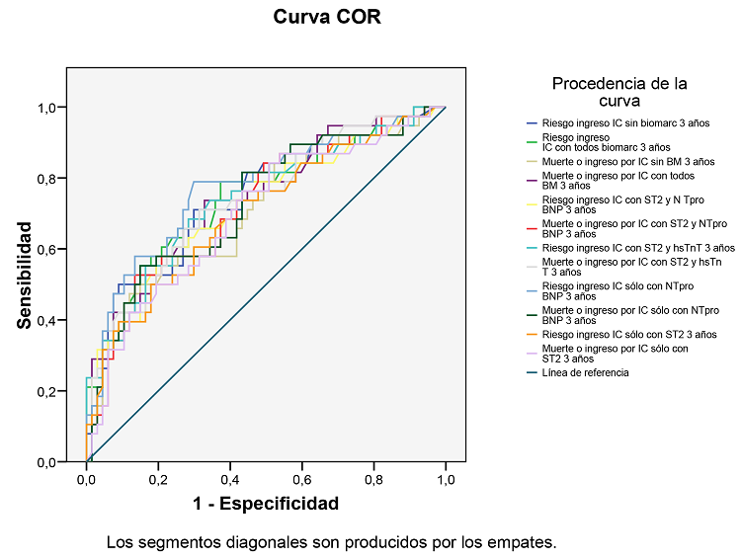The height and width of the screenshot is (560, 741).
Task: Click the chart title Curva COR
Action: point(326,18)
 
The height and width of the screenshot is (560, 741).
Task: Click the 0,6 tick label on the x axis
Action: point(302,480)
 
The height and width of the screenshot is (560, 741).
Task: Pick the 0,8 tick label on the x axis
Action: point(373,480)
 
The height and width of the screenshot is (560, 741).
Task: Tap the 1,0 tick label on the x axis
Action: point(446,480)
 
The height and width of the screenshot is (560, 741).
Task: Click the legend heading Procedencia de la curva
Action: point(619,92)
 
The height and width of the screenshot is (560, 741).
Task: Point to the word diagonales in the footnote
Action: point(245,542)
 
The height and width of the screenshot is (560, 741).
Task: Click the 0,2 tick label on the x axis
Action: point(158,480)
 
